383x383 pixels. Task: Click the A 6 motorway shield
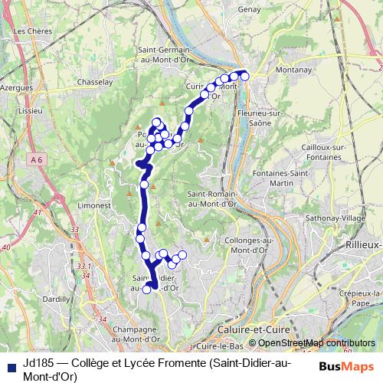(x=38, y=159)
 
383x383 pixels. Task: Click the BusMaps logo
(x=345, y=365)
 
